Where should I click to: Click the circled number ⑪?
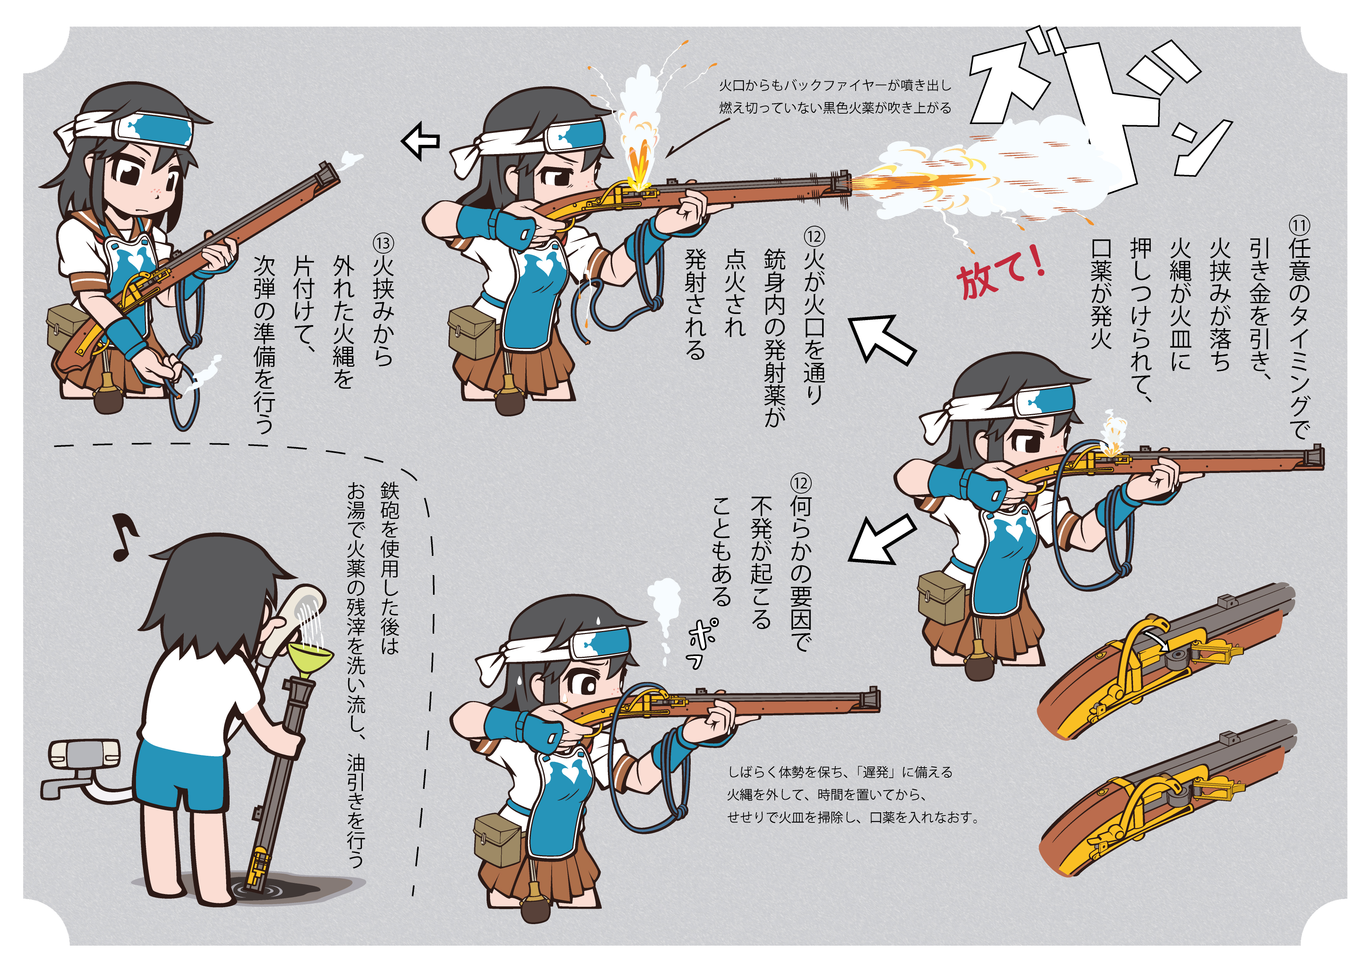[x=1298, y=226]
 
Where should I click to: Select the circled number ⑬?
[x=383, y=243]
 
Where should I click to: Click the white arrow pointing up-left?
[x=881, y=340]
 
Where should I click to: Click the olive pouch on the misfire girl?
[x=497, y=840]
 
